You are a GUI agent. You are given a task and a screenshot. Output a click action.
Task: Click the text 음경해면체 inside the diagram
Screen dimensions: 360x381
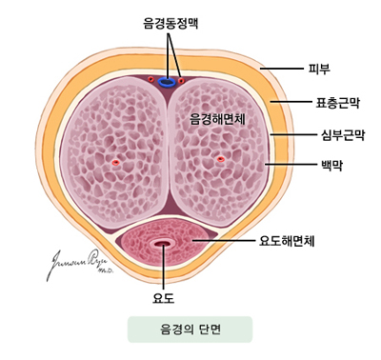(x=219, y=119)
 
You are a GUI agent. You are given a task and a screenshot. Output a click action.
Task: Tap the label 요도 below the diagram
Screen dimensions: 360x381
(x=164, y=299)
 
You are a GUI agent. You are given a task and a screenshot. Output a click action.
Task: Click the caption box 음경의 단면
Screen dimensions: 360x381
(x=190, y=330)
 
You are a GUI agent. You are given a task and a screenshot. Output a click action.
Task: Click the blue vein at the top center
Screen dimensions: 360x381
(x=168, y=81)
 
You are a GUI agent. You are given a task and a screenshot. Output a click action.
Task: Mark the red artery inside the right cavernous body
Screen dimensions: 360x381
(x=221, y=160)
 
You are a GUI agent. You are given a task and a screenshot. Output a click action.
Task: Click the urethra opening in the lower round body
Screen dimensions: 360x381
(x=164, y=246)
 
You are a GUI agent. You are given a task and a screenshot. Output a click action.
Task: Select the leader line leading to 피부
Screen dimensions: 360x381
(x=281, y=69)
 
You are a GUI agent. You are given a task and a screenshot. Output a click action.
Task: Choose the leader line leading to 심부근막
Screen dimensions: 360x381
(x=291, y=133)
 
